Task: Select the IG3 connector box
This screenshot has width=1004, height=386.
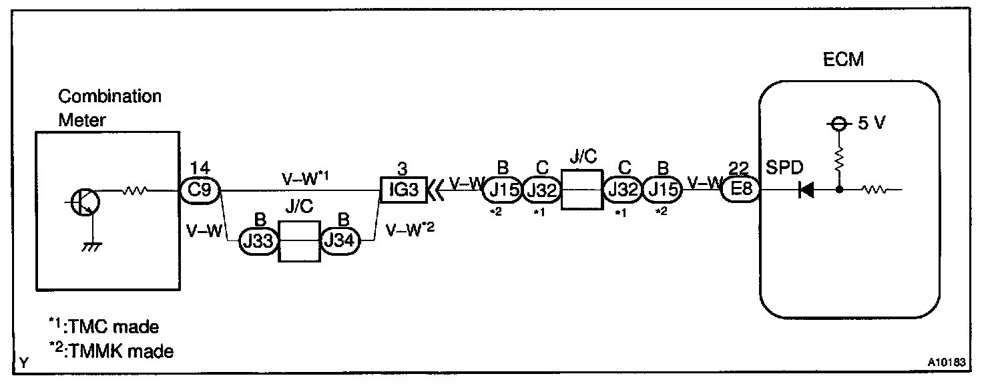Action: tap(403, 190)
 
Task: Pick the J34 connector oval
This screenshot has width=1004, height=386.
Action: tap(340, 241)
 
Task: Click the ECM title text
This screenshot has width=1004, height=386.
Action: tap(844, 60)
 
